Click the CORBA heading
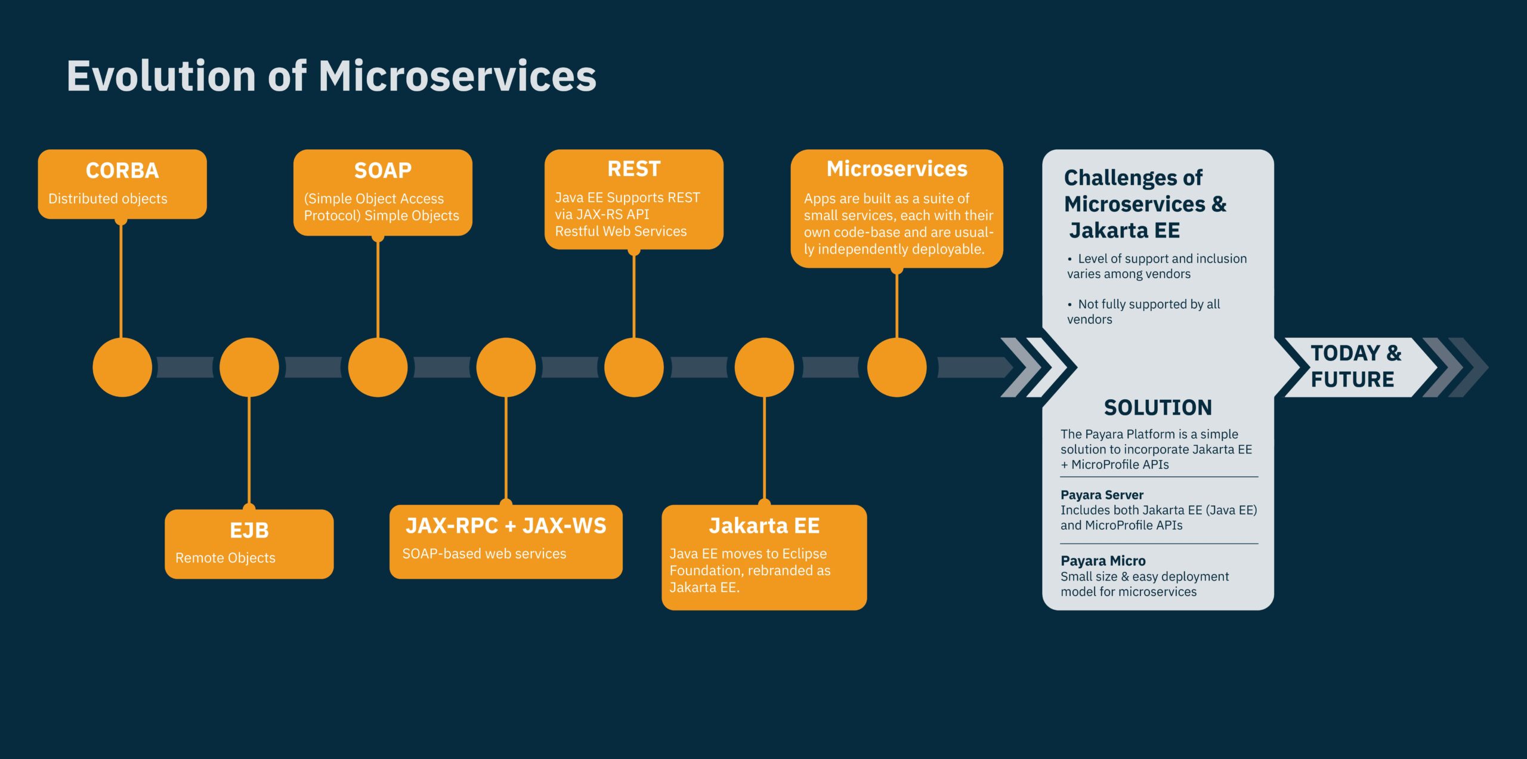122,171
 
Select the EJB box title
249,530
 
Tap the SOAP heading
383,171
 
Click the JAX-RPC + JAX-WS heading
506,526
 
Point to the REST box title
634,169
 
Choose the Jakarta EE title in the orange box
764,526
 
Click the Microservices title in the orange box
897,169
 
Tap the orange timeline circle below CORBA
122,367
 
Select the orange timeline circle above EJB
249,367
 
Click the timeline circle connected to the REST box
634,367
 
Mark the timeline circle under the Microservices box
897,367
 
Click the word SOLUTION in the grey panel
1158,408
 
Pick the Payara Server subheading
1102,495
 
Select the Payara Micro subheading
1103,561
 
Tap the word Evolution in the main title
161,76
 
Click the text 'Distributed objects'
108,199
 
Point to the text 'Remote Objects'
225,558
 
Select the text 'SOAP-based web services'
484,554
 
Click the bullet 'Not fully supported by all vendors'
1143,311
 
